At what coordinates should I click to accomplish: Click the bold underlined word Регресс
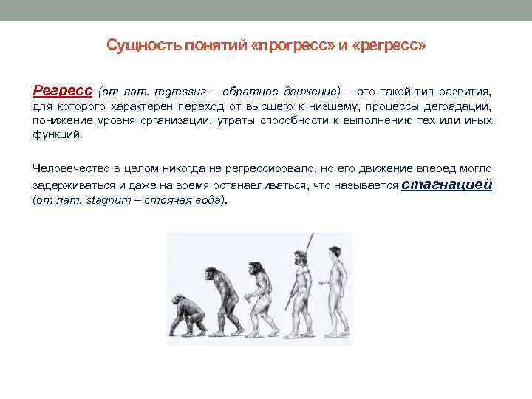pyautogui.click(x=63, y=91)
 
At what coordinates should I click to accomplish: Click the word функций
pyautogui.click(x=58, y=135)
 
